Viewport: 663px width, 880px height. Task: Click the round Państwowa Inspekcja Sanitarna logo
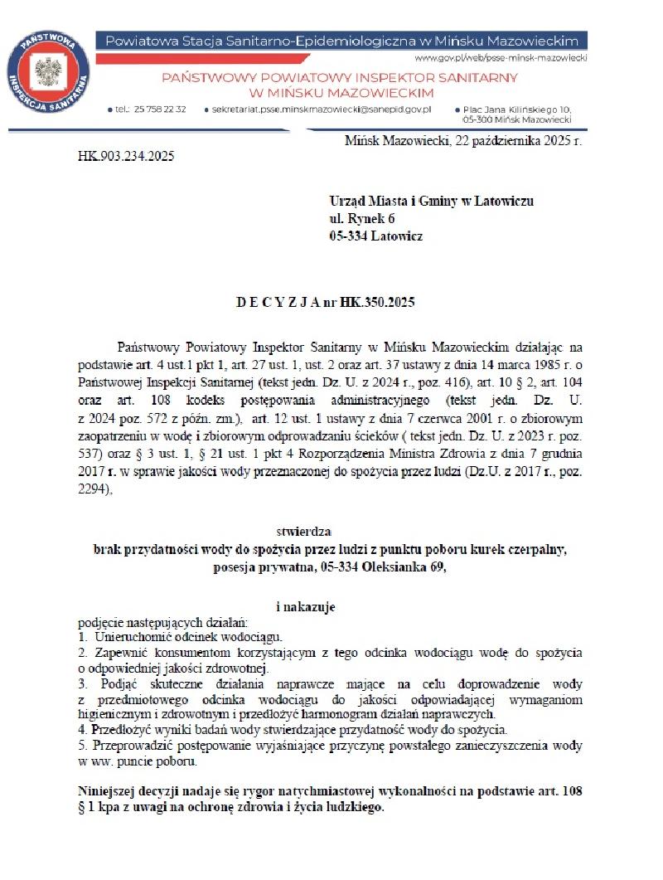[48, 71]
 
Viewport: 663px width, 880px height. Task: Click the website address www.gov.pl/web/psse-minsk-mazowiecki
[501, 58]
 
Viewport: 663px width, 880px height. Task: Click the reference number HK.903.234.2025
[126, 155]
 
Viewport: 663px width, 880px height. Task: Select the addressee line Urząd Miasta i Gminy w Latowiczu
[431, 201]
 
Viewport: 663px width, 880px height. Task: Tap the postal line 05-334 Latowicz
[375, 236]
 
